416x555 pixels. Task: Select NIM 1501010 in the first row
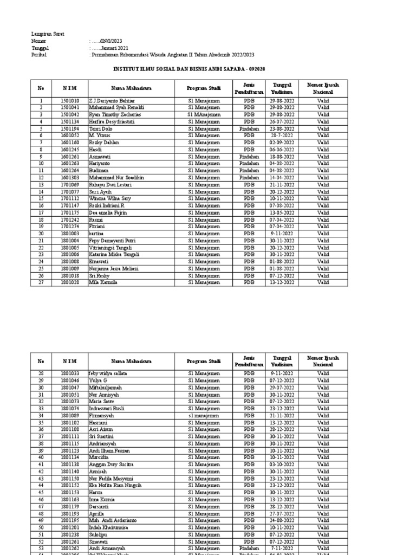(70, 101)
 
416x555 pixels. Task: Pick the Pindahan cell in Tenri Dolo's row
(249, 129)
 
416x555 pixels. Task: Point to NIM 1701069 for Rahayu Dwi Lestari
(70, 185)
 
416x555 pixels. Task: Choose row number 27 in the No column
(40, 282)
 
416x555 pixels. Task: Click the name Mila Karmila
(103, 282)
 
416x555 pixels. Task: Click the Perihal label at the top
(39, 55)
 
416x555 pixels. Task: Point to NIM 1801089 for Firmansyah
(70, 416)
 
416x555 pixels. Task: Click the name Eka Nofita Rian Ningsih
(115, 486)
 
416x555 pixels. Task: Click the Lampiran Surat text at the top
(48, 34)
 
